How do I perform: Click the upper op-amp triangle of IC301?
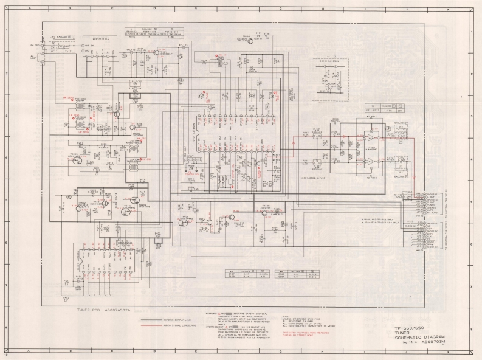(x=370, y=137)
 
